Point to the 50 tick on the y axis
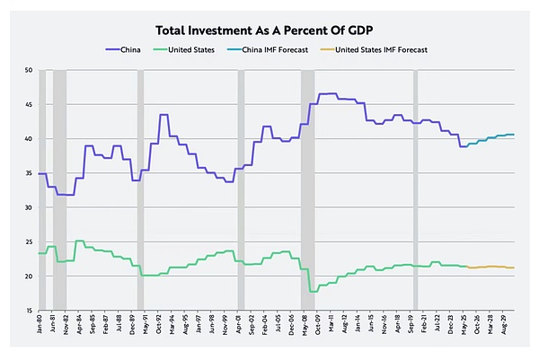28,70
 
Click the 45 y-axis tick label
28,104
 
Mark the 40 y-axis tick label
28,138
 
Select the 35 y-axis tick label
28,173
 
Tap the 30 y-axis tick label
28,207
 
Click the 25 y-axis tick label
28,241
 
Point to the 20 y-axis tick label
28,276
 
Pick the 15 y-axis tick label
28,310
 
